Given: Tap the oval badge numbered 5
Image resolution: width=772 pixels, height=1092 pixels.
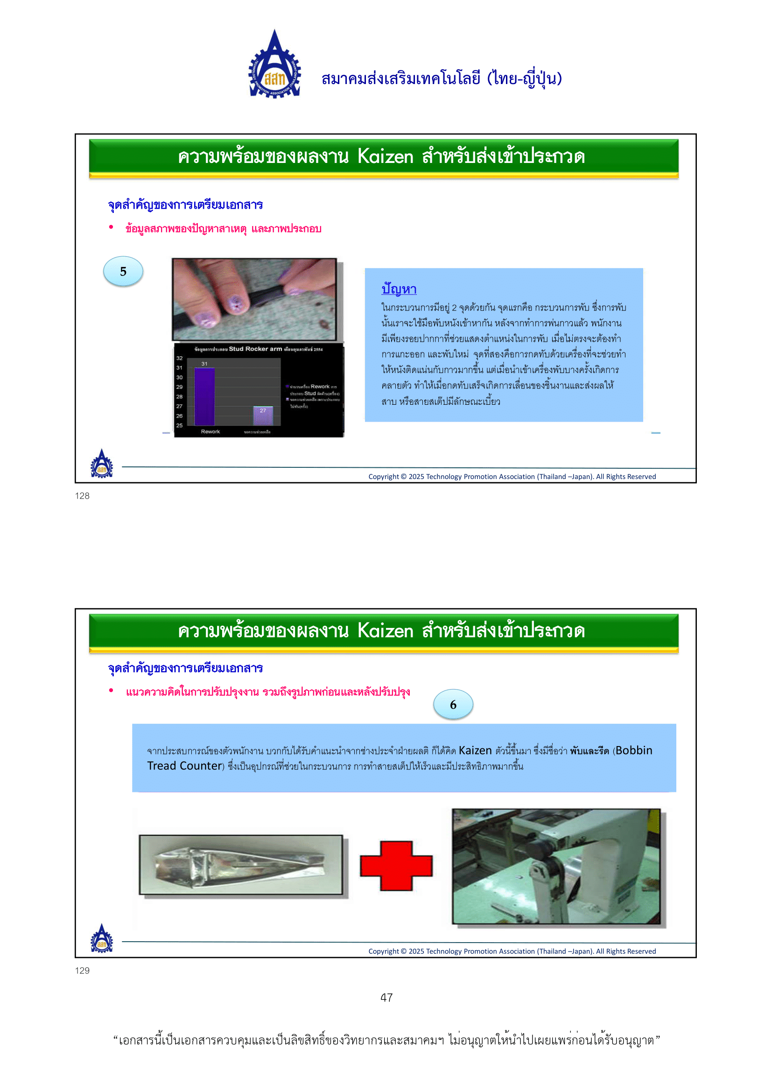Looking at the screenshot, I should point(123,272).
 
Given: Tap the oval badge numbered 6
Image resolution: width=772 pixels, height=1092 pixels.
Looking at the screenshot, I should point(453,705).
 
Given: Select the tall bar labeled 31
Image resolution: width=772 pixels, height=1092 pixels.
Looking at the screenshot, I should point(204,396).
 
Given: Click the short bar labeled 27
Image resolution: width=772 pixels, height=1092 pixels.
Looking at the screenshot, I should point(263,416).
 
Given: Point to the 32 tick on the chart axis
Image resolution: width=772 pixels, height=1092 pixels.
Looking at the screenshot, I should point(179,358).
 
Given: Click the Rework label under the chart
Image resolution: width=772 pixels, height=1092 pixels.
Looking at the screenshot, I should point(210,432).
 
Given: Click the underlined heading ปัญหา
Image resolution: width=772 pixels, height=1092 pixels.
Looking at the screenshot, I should point(399,289).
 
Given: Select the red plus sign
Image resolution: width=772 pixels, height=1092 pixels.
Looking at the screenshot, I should point(396,866).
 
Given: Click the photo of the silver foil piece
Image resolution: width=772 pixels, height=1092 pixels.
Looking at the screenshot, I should point(240,865).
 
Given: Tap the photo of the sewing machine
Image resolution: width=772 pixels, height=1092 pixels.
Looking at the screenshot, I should point(556,867).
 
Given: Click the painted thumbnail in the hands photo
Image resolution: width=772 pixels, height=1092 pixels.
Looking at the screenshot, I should point(236,304).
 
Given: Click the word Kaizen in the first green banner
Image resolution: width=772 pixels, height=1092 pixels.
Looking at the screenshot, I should point(385,157).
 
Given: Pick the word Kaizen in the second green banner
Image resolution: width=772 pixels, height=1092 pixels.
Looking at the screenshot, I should point(385,631).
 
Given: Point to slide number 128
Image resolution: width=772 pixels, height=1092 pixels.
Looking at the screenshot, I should point(82,496).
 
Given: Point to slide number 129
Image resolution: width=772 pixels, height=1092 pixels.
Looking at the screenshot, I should point(82,971).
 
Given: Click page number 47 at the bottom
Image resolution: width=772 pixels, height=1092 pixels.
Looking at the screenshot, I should point(386,997).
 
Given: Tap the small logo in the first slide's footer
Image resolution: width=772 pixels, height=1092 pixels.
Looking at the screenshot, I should point(102,464).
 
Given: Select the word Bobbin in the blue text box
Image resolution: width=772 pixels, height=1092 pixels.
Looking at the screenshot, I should point(634,751).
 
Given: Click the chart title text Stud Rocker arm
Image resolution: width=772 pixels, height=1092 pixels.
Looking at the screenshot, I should point(255,349).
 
